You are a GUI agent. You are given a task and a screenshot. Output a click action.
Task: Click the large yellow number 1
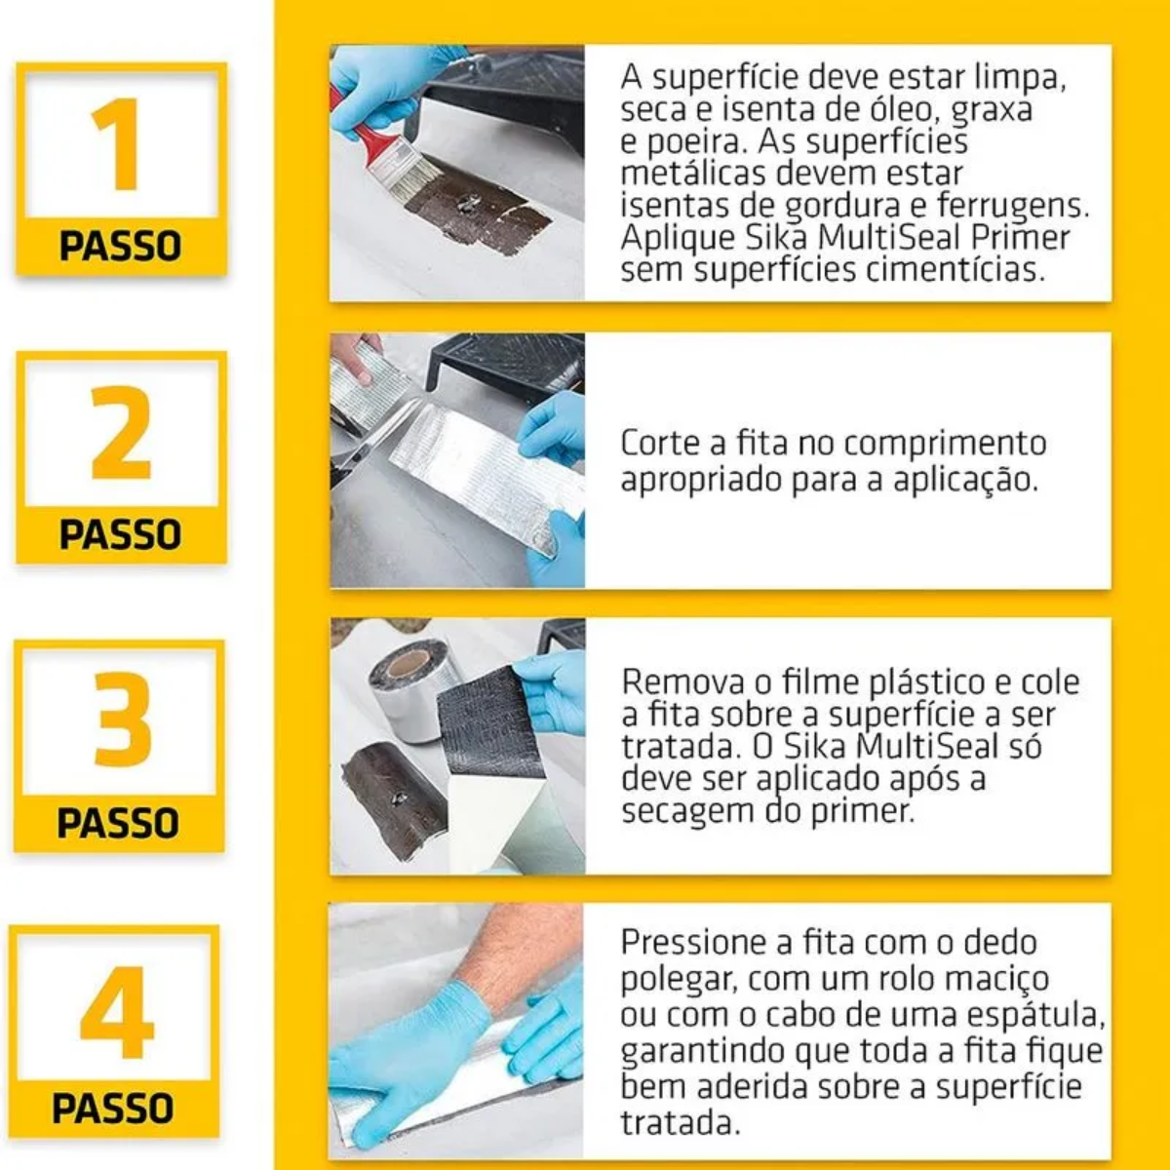click(x=119, y=145)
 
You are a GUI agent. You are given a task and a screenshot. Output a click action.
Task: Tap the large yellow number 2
click(x=121, y=433)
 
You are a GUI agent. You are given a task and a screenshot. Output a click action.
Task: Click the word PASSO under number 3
click(x=118, y=823)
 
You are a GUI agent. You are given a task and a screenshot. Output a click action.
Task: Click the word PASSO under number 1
click(x=121, y=246)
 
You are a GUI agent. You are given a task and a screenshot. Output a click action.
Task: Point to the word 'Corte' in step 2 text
click(x=659, y=443)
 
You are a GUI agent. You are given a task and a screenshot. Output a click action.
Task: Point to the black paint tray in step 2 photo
click(x=507, y=361)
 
